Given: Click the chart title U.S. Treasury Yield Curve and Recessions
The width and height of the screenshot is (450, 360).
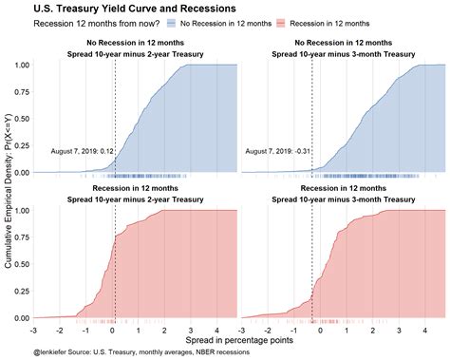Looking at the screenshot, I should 121,9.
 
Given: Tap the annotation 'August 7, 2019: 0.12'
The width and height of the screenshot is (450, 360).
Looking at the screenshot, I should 83,150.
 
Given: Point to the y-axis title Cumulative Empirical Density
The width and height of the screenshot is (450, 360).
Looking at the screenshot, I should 9,190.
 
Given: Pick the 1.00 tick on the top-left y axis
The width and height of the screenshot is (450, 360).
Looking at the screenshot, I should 21,66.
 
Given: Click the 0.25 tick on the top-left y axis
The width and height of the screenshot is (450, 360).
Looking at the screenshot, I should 21,145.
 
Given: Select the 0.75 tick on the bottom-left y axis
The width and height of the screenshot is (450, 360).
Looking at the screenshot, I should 21,237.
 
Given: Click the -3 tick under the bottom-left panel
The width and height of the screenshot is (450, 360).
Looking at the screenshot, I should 33,328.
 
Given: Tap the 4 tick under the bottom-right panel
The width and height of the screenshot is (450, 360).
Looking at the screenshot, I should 428,328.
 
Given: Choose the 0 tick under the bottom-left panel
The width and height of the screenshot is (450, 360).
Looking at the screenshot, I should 110,328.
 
